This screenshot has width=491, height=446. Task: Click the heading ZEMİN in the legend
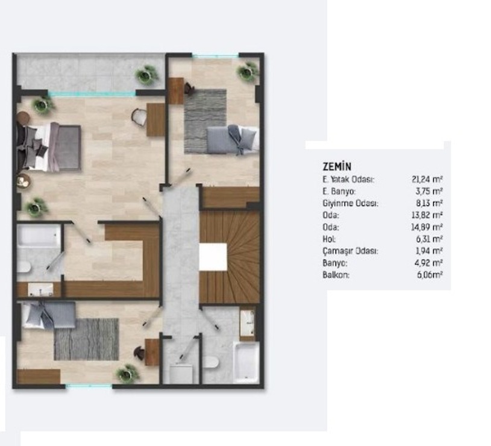click(337, 166)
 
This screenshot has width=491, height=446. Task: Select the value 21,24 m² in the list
click(427, 180)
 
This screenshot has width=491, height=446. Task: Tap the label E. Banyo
click(339, 192)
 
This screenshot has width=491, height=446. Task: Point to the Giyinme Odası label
click(351, 203)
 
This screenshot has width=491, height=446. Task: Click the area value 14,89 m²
click(427, 227)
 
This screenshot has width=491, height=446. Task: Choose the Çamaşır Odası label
click(351, 251)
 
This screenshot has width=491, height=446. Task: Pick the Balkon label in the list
click(336, 275)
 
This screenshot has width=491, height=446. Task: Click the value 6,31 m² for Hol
click(429, 239)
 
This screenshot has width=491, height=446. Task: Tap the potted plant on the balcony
click(146, 75)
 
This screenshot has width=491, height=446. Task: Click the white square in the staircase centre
click(213, 257)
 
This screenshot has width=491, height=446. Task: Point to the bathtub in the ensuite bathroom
click(39, 236)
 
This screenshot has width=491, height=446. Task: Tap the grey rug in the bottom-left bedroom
click(86, 339)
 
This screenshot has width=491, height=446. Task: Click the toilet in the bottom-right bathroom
click(211, 363)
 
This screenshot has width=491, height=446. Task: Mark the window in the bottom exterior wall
click(89, 386)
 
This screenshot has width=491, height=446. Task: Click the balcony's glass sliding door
click(92, 93)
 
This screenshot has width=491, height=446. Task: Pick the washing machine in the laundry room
click(181, 374)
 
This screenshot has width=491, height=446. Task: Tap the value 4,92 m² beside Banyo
click(428, 263)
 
